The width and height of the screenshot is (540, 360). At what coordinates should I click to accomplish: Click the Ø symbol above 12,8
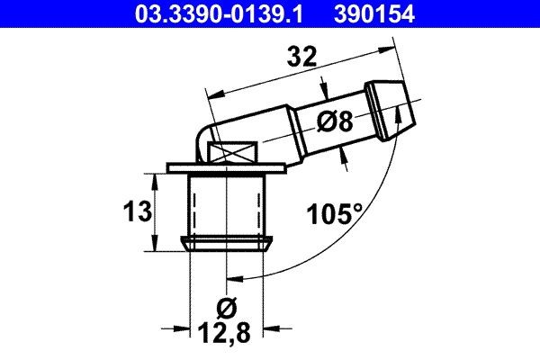pos(228,309)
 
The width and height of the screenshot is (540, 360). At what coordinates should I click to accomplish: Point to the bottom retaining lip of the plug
pos(228,242)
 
